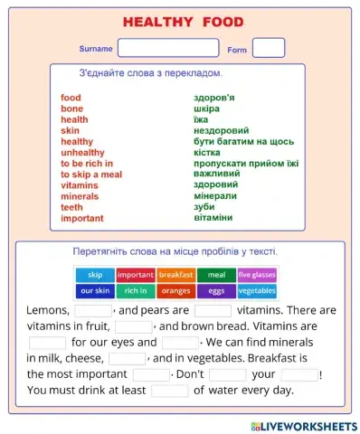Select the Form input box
point(268,48)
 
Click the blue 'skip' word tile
point(95,275)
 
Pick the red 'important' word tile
point(136,275)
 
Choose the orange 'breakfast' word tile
point(175,275)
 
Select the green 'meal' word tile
point(216,275)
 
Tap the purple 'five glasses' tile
point(257,275)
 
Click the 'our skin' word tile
point(95,291)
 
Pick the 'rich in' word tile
point(136,291)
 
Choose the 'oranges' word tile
point(175,291)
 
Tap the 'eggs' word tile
point(216,291)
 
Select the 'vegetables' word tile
point(257,291)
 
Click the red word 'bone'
point(71,108)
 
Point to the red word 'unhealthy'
point(82,153)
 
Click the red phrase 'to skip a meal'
point(90,175)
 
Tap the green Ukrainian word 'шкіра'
point(208,108)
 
